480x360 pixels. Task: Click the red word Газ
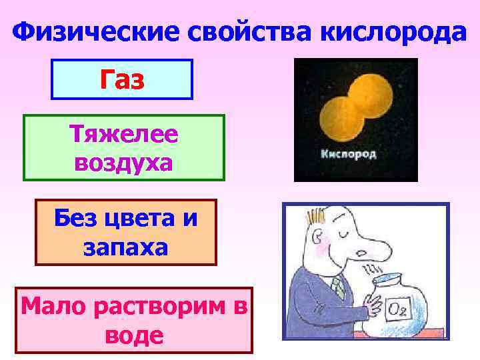123,80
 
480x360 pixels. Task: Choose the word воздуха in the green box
124,162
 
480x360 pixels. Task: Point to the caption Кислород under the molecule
349,154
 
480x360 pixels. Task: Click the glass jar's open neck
391,280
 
